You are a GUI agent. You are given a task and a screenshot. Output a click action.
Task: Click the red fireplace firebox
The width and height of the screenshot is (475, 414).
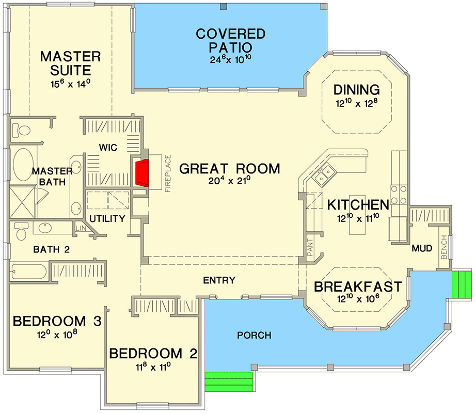(x=142, y=173)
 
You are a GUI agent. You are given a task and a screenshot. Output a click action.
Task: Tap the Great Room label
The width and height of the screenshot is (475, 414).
(x=230, y=169)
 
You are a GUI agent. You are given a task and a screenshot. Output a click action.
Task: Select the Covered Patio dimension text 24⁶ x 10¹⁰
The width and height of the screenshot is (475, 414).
(x=231, y=59)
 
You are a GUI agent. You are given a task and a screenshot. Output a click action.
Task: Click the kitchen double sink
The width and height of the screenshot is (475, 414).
(x=324, y=175)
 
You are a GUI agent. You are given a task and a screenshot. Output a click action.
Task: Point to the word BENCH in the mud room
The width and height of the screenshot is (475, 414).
(x=444, y=247)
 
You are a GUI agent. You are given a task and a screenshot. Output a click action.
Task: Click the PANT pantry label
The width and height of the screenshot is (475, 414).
(x=310, y=247)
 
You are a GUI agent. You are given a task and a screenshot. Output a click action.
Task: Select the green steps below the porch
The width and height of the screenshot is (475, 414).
(x=229, y=381)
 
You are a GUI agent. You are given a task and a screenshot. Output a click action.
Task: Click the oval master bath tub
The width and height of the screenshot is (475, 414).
(x=23, y=165)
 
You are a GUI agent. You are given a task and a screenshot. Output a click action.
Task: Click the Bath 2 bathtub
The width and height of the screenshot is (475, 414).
(x=28, y=272)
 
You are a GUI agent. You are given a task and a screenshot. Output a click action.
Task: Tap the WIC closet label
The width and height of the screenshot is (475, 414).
(x=108, y=148)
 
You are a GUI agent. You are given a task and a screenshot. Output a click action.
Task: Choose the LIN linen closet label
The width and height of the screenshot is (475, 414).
(x=81, y=228)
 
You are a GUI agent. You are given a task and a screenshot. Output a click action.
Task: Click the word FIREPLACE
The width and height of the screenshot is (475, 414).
(x=168, y=173)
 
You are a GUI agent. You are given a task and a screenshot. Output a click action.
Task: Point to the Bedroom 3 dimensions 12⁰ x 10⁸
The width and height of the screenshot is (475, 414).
(x=57, y=335)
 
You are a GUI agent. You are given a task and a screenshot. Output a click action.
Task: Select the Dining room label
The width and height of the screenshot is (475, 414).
(x=357, y=90)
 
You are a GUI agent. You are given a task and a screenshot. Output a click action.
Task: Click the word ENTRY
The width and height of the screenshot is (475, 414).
(x=219, y=280)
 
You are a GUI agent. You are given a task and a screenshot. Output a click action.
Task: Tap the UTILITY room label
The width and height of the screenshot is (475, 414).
(x=107, y=218)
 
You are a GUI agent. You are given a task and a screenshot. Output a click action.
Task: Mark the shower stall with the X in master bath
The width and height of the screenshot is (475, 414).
(x=22, y=202)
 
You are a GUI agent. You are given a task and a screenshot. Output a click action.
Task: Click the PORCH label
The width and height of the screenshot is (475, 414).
(x=254, y=335)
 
